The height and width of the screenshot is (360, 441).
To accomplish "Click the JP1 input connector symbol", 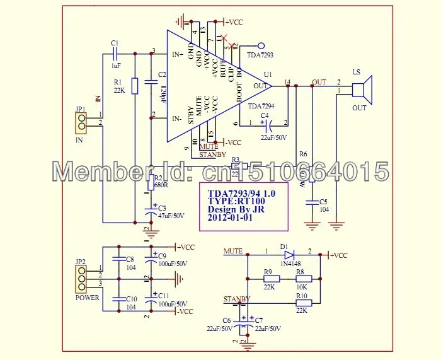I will pyautogui.click(x=80, y=119).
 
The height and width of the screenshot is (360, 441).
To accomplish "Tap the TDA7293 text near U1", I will pyautogui.click(x=260, y=55).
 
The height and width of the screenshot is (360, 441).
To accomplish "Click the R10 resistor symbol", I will pyautogui.click(x=304, y=303).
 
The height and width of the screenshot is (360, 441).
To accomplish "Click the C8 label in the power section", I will pyautogui.click(x=130, y=259).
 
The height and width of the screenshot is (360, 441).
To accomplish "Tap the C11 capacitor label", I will pyautogui.click(x=164, y=295).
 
